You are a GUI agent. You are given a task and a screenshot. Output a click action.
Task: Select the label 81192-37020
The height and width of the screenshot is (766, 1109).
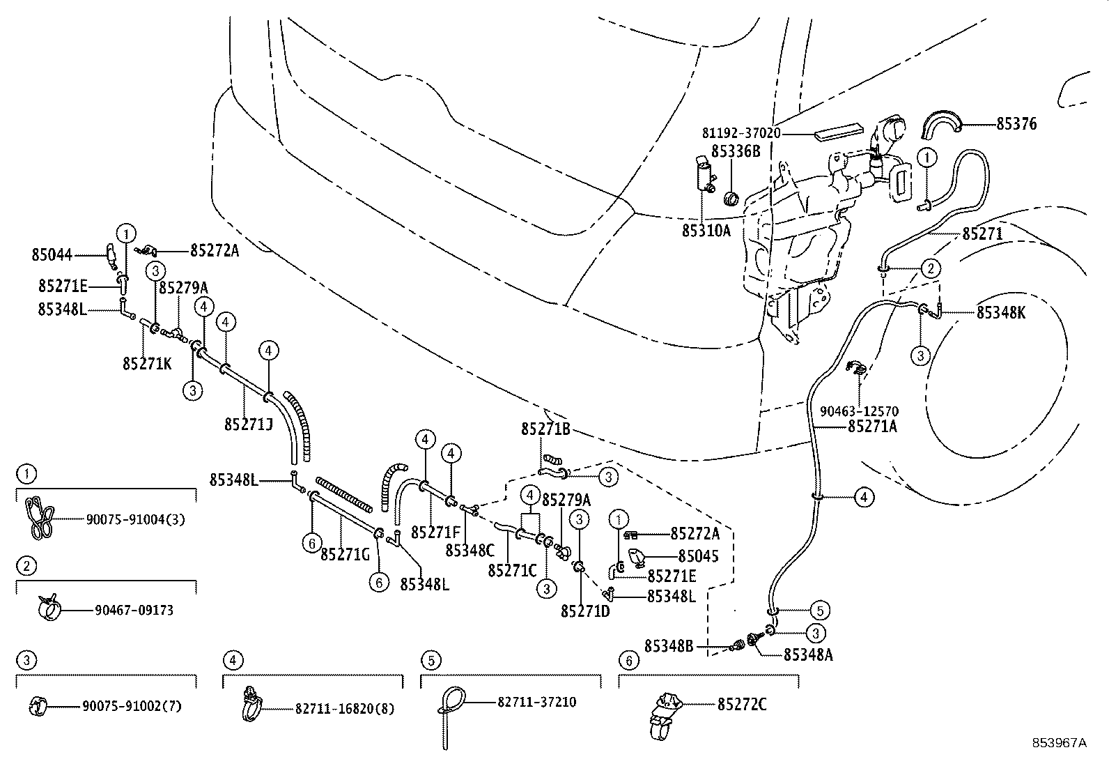coord(740,133)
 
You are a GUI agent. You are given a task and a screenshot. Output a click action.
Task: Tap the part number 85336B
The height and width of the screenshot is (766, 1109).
coord(736,151)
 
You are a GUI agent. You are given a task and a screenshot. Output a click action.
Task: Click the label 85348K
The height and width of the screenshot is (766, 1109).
coord(1001,313)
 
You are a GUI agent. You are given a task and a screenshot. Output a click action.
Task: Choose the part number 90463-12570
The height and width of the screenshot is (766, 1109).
coord(859,411)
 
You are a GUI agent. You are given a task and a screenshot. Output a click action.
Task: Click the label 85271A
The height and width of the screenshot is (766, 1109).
coord(872,427)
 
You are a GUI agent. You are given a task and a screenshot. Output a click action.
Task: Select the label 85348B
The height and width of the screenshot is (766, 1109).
coord(668,646)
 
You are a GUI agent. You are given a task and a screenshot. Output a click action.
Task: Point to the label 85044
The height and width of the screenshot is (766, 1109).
coord(52,255)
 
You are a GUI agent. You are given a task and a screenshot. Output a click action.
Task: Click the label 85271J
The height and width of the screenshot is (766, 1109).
coord(249,424)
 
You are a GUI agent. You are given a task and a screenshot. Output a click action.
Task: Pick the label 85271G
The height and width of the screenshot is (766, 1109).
coord(345,554)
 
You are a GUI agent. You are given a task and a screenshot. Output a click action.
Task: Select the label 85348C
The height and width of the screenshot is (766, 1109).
coord(470,551)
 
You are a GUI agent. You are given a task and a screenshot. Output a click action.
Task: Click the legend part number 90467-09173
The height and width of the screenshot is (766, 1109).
coord(134,611)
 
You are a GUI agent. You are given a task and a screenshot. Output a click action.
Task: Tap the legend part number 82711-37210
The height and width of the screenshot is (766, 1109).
coord(536,702)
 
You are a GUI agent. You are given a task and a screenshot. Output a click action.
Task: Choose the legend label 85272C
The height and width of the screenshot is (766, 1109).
coord(742,705)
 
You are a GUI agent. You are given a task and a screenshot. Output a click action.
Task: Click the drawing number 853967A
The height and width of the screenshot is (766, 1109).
coord(1060,743)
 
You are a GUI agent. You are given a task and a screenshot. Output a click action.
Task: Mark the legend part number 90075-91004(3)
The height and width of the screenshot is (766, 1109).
coord(136,519)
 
